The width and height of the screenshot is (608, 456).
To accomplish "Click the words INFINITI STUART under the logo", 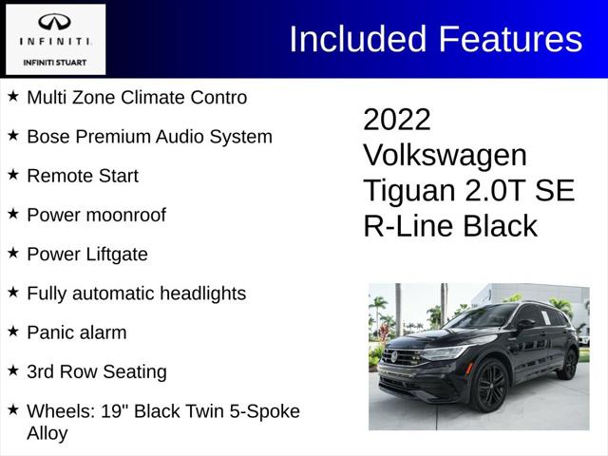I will point(55,63).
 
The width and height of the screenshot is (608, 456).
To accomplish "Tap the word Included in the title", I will point(357,39).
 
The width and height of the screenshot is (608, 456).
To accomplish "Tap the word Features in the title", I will point(510,39).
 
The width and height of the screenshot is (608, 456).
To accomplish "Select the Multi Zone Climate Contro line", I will point(137,97).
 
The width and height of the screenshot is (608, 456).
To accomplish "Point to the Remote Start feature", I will point(83,176).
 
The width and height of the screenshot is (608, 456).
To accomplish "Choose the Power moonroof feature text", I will point(96,215).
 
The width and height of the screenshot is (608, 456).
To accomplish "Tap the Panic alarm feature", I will point(77,332).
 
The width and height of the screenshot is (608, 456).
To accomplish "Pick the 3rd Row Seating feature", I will point(97,371).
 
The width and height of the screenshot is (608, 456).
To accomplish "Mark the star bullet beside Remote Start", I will point(13,175).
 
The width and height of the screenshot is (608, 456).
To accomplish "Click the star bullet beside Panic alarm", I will point(13,332).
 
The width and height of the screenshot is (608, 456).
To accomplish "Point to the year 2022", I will point(397,120).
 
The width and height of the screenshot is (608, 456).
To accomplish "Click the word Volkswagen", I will point(445,155).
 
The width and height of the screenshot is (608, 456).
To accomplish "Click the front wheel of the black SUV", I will point(491,387).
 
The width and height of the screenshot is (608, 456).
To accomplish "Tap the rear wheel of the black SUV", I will point(570,364).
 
